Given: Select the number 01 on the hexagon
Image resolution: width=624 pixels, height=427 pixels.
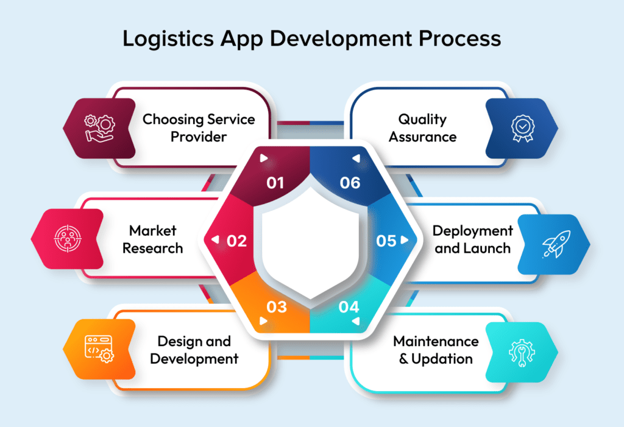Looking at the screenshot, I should coord(275,182).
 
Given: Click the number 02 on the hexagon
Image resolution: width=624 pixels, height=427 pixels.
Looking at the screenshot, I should coord(236,241).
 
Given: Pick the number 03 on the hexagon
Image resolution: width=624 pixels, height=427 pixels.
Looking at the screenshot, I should coord(276,306).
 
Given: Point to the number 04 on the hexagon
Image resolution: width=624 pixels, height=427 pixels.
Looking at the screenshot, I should coord(349,306).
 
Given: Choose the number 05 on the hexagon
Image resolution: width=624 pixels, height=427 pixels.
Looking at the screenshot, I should coord(386,241).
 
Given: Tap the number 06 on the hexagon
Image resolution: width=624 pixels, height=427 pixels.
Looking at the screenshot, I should coord(350,182).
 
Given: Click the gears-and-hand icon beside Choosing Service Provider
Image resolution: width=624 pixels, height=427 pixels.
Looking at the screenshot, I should coord(99,129).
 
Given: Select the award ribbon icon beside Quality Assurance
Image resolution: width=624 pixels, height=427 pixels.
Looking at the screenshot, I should coord(521,129).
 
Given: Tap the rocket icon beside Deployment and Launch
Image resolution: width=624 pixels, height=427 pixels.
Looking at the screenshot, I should coord(555,244).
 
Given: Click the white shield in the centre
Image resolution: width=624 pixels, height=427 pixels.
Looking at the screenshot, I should coord(311,244).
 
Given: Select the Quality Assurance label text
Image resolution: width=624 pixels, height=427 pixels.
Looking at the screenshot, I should coord(422,128).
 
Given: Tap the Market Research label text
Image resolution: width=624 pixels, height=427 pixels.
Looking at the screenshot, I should coord(152,239).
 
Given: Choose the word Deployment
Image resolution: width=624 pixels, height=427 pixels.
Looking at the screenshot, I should coord(472,231).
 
